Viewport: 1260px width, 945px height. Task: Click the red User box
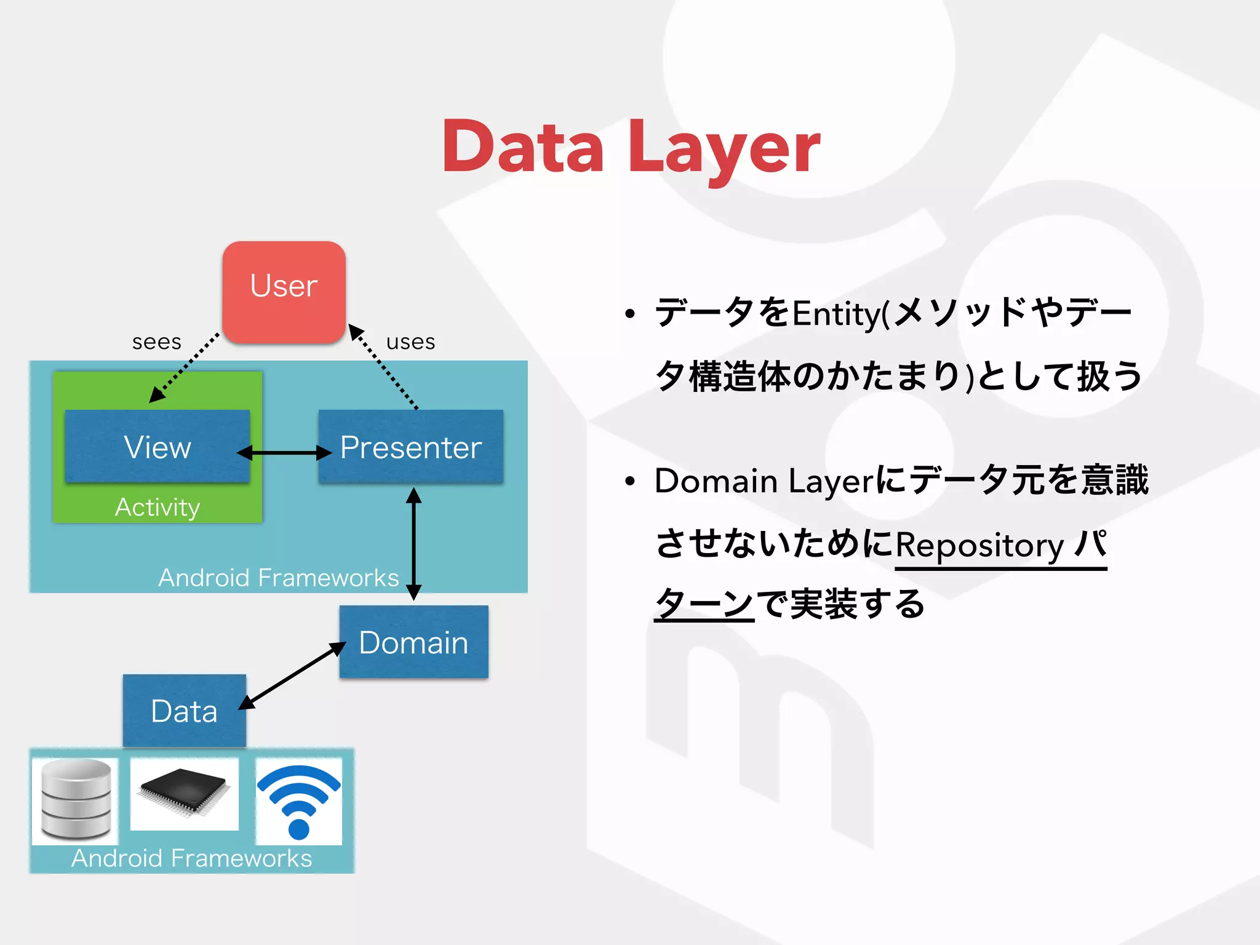pos(284,291)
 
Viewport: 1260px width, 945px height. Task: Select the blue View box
pos(157,447)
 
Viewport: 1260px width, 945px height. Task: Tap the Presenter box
pos(411,447)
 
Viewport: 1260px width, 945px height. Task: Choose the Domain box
pos(413,642)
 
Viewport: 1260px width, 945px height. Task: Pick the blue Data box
pos(184,711)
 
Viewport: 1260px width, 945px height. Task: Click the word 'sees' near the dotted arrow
pos(157,342)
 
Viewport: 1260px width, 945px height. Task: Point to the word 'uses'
pos(410,342)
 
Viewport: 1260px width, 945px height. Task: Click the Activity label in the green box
pos(157,508)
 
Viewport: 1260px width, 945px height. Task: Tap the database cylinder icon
pos(76,799)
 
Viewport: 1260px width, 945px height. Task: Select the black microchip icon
pos(184,793)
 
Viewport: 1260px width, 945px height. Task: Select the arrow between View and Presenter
pos(284,453)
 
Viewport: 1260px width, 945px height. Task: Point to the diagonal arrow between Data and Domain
pos(293,675)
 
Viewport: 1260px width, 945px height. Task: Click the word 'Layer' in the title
pos(724,148)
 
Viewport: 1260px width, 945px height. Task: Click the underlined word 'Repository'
pos(979,545)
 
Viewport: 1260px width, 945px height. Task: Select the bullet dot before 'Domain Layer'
pos(629,482)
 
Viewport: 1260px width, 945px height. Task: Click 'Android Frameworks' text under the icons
pos(191,858)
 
